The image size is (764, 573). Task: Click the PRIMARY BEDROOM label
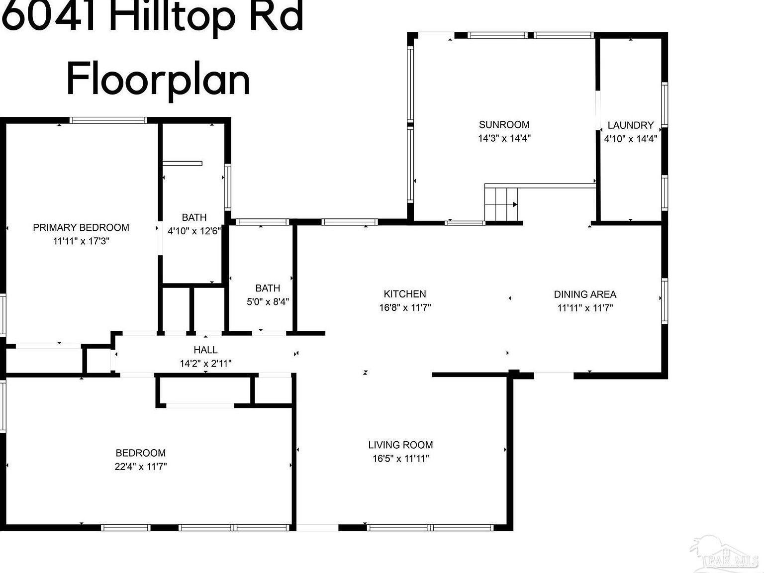click(x=81, y=228)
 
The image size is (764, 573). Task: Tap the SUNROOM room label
click(x=504, y=125)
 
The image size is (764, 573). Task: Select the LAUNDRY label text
click(x=630, y=125)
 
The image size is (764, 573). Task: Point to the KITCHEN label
click(x=405, y=294)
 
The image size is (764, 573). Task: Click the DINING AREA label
click(x=585, y=294)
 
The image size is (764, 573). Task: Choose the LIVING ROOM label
click(x=400, y=445)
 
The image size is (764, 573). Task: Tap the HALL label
click(x=205, y=350)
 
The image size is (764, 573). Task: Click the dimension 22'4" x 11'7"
click(x=140, y=467)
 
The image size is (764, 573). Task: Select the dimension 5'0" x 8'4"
click(x=268, y=301)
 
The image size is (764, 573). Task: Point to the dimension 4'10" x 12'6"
click(x=194, y=231)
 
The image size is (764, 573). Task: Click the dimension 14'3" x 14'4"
click(x=504, y=138)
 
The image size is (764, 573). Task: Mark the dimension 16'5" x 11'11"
click(x=400, y=459)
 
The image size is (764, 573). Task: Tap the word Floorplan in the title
click(x=158, y=80)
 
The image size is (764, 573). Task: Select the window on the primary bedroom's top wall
click(x=108, y=120)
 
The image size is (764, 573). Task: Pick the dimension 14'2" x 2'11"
click(x=205, y=364)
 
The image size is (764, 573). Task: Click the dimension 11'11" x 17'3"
click(x=81, y=241)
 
